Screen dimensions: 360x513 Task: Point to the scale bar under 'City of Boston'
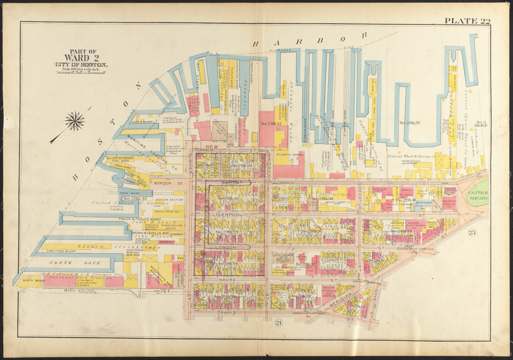pyautogui.click(x=81, y=71)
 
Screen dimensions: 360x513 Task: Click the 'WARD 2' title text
pyautogui.click(x=82, y=58)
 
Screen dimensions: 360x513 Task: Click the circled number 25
pyautogui.click(x=472, y=232)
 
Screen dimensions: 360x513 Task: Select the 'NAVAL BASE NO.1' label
pyautogui.click(x=168, y=211)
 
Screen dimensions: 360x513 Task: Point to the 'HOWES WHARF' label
pyautogui.click(x=142, y=121)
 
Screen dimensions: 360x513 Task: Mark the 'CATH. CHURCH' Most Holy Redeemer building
pyautogui.click(x=284, y=257)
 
